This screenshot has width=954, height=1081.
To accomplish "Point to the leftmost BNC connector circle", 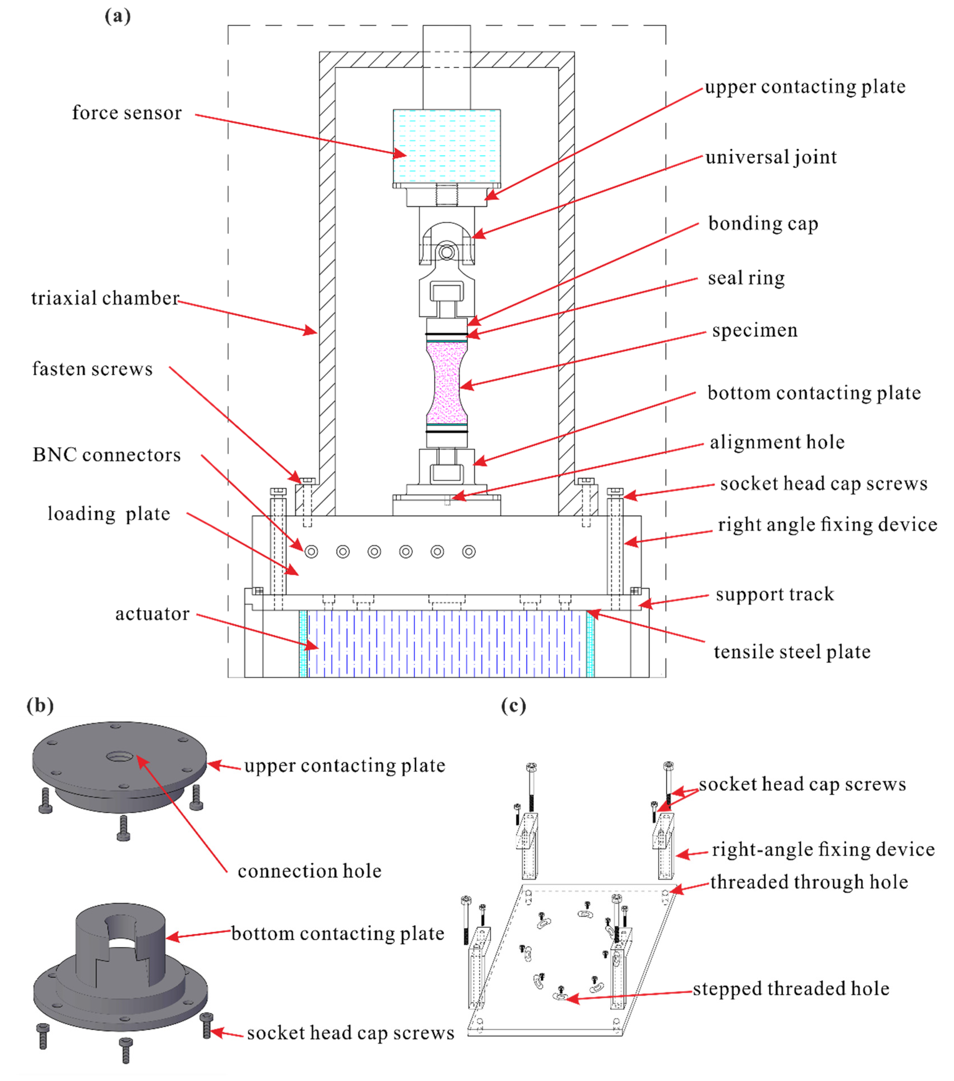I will pos(311,552).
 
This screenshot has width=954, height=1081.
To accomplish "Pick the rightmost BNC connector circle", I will pos(469,552).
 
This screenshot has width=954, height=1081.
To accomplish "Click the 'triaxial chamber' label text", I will pos(105,298).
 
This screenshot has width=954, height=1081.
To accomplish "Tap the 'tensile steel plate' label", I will pos(792,652).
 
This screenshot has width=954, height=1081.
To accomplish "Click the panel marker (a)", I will pos(117,16).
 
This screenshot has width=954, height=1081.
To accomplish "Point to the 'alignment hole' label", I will pos(777,442).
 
